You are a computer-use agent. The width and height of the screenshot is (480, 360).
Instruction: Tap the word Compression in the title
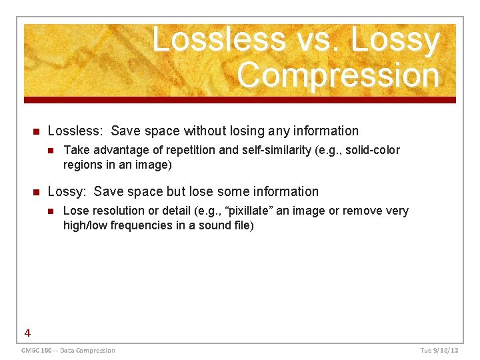coord(339,75)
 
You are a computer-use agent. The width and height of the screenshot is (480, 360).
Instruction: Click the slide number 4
coord(27,333)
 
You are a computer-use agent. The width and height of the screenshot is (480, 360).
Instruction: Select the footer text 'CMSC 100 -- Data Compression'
coord(68,350)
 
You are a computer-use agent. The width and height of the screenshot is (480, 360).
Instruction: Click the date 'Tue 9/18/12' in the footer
coord(439,350)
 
